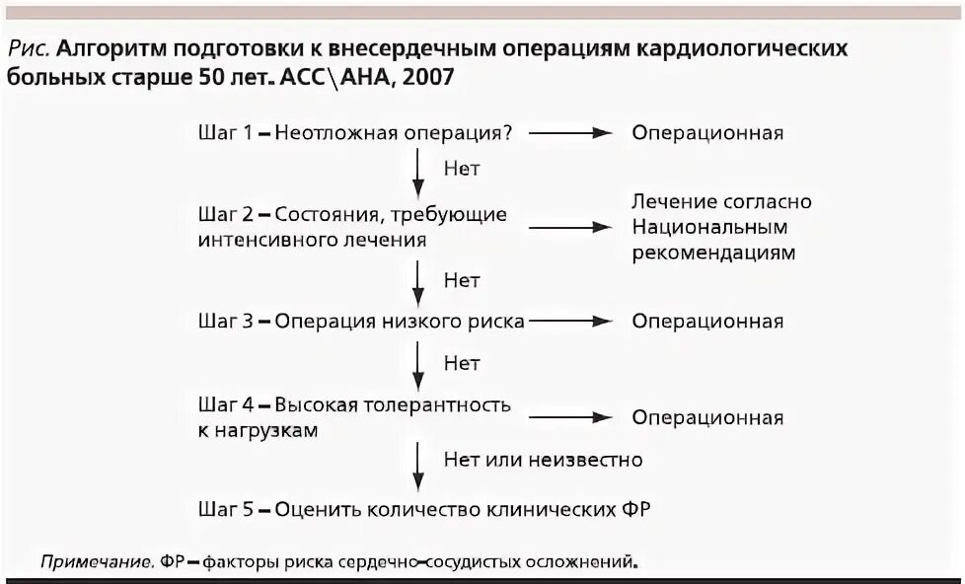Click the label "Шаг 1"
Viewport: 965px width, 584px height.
coord(226,133)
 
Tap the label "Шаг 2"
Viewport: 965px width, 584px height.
coord(226,214)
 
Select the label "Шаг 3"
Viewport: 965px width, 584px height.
coord(226,322)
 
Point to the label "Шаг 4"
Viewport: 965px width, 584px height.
coord(226,404)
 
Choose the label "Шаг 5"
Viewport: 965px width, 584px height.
coord(226,510)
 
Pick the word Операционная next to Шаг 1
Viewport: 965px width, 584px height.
coord(707,133)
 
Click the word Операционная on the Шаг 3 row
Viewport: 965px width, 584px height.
coord(707,322)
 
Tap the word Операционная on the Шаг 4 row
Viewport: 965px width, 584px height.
coord(707,417)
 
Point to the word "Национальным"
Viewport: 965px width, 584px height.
coord(710,227)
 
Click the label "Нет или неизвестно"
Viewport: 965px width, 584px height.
coord(543,460)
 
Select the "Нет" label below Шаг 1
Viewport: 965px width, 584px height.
coord(462,169)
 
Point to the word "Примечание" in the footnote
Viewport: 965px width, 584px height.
coord(96,563)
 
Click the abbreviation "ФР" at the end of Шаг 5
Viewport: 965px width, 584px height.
coord(635,510)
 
